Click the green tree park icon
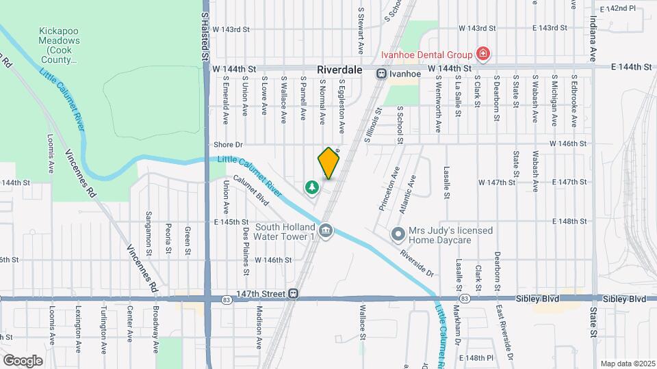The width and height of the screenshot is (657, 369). (312, 186)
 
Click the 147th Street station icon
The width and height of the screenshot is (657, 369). (293, 294)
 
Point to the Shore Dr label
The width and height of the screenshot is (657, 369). (228, 145)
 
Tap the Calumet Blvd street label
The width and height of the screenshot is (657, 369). (250, 189)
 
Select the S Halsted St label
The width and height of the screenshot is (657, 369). (205, 31)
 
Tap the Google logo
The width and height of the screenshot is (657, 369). (23, 360)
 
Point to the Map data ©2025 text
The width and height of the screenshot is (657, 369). (628, 364)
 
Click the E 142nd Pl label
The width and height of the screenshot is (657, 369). (618, 8)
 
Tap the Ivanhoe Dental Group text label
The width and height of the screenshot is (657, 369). (427, 55)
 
